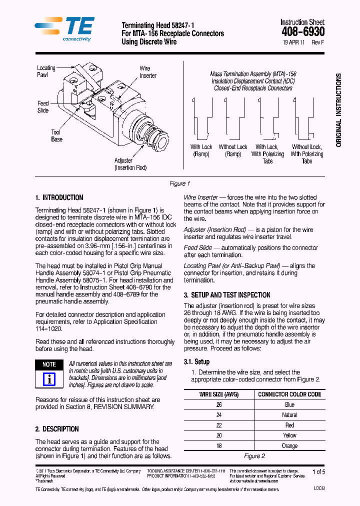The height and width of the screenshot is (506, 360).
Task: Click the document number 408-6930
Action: point(302,32)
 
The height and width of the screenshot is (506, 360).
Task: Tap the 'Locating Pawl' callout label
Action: point(46,71)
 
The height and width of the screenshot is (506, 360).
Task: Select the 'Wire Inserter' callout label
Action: point(147,72)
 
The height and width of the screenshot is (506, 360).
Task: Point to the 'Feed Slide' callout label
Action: point(43,107)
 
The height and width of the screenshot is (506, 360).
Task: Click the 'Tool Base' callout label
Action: point(56,135)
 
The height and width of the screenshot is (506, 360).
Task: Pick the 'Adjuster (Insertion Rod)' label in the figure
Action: point(130,164)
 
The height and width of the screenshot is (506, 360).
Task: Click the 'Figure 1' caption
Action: point(179,183)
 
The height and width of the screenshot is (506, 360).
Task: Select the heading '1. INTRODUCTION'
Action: point(59,197)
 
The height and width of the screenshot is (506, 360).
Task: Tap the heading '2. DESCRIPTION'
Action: point(57,429)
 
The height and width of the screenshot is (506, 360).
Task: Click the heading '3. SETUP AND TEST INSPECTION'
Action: point(226,295)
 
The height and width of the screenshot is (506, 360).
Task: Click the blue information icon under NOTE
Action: point(49,379)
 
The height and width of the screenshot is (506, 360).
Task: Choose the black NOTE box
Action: point(49,364)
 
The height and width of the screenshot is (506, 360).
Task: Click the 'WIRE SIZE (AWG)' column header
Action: point(219,394)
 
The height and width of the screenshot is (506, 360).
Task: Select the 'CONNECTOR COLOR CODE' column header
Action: point(289,394)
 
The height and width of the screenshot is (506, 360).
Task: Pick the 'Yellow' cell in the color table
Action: point(289,435)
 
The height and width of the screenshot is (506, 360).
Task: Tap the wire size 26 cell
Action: point(219,404)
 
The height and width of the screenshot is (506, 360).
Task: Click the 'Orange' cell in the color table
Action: point(289,445)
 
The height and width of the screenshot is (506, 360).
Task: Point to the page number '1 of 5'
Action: point(318,471)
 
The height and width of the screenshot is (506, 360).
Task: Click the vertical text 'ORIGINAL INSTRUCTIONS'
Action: point(338,110)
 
